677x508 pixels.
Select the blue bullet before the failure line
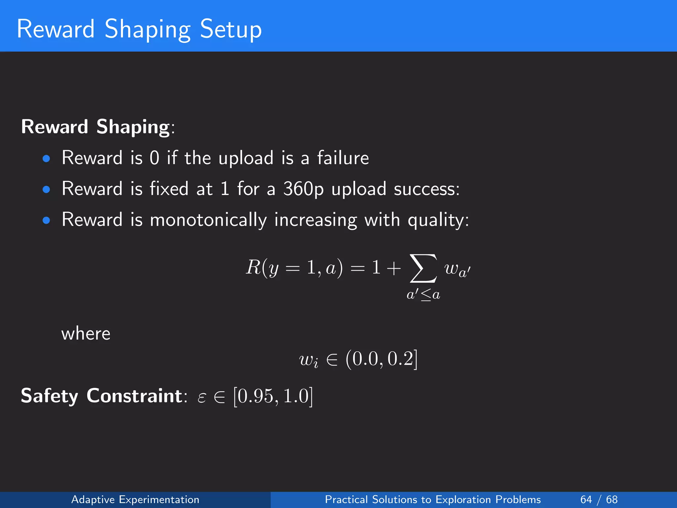pos(46,159)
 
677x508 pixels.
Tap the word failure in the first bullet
pos(343,158)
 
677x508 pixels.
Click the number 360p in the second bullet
pos(303,189)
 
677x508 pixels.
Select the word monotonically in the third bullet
pos(208,220)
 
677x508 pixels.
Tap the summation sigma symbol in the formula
pos(423,269)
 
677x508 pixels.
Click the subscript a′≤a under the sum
pos(423,294)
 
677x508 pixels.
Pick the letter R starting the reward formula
pos(254,267)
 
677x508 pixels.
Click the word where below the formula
pos(86,333)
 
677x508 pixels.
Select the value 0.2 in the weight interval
pos(400,359)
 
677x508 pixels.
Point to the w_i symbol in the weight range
pos(308,360)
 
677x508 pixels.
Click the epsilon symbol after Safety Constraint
pos(202,397)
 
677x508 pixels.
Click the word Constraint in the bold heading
pos(134,396)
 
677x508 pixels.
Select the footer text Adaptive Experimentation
pos(135,499)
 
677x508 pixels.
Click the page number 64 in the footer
pos(586,499)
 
